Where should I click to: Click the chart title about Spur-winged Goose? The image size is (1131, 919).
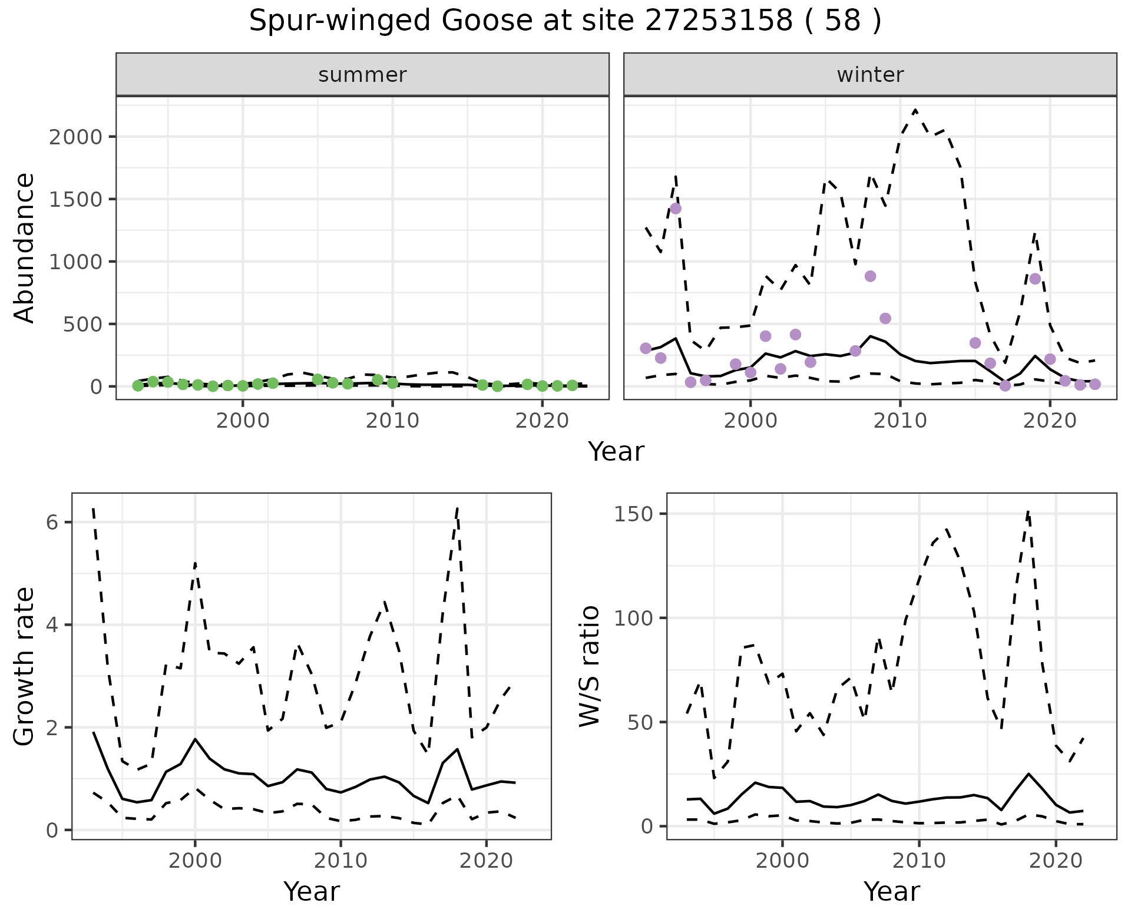click(565, 22)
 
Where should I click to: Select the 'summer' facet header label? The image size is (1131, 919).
click(362, 75)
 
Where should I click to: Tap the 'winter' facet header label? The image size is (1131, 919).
click(870, 75)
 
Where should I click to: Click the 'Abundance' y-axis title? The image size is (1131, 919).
click(25, 247)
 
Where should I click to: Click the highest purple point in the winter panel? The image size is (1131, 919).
click(676, 209)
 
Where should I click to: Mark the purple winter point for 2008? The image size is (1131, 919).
click(870, 276)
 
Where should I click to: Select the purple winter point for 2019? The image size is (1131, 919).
click(1035, 279)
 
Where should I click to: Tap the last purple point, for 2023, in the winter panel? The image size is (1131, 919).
click(1095, 384)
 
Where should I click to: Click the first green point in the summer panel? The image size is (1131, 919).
click(138, 386)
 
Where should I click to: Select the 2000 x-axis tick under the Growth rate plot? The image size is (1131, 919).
click(195, 861)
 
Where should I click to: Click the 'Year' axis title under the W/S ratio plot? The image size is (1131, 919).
click(891, 892)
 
